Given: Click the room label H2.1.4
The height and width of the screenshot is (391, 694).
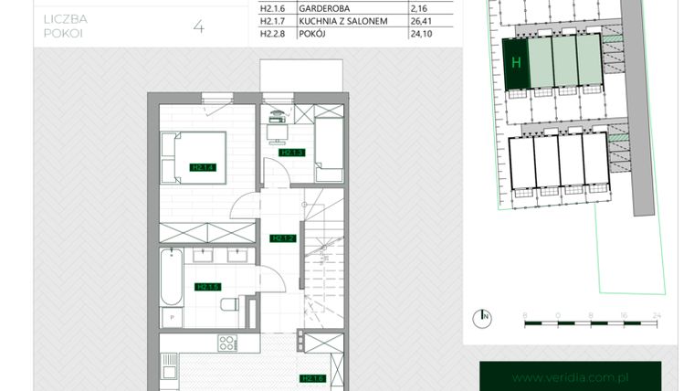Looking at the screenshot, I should [202, 167].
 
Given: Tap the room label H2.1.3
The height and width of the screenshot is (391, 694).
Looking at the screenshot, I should [291, 153].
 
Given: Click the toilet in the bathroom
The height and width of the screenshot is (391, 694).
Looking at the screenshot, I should [232, 304].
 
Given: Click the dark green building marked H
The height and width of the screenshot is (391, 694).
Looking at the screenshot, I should [516, 63].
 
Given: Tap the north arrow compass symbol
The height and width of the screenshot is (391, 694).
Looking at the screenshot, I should [481, 318].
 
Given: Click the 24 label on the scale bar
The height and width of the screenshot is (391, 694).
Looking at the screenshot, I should [656, 314].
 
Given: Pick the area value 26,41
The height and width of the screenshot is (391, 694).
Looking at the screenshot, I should [422, 19].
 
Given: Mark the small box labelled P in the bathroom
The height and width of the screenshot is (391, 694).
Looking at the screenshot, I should [172, 316].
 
